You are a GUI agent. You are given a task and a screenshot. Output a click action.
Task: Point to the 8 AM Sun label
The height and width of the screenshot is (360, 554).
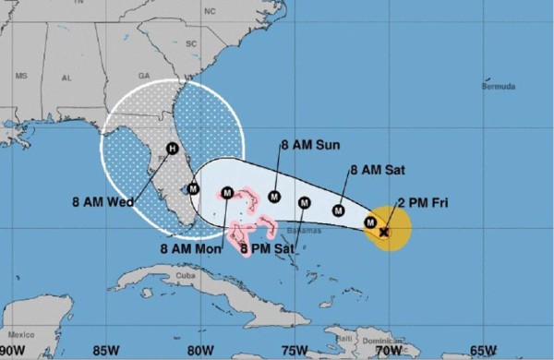[309, 146]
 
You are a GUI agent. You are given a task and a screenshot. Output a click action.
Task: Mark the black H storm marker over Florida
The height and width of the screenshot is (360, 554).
[172, 149]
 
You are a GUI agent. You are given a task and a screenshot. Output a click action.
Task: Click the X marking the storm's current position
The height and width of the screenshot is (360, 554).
[384, 233]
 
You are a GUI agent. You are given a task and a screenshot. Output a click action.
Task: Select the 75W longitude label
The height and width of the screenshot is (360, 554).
[295, 350]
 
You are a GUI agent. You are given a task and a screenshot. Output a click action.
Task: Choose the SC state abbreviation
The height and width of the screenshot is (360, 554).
[192, 43]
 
